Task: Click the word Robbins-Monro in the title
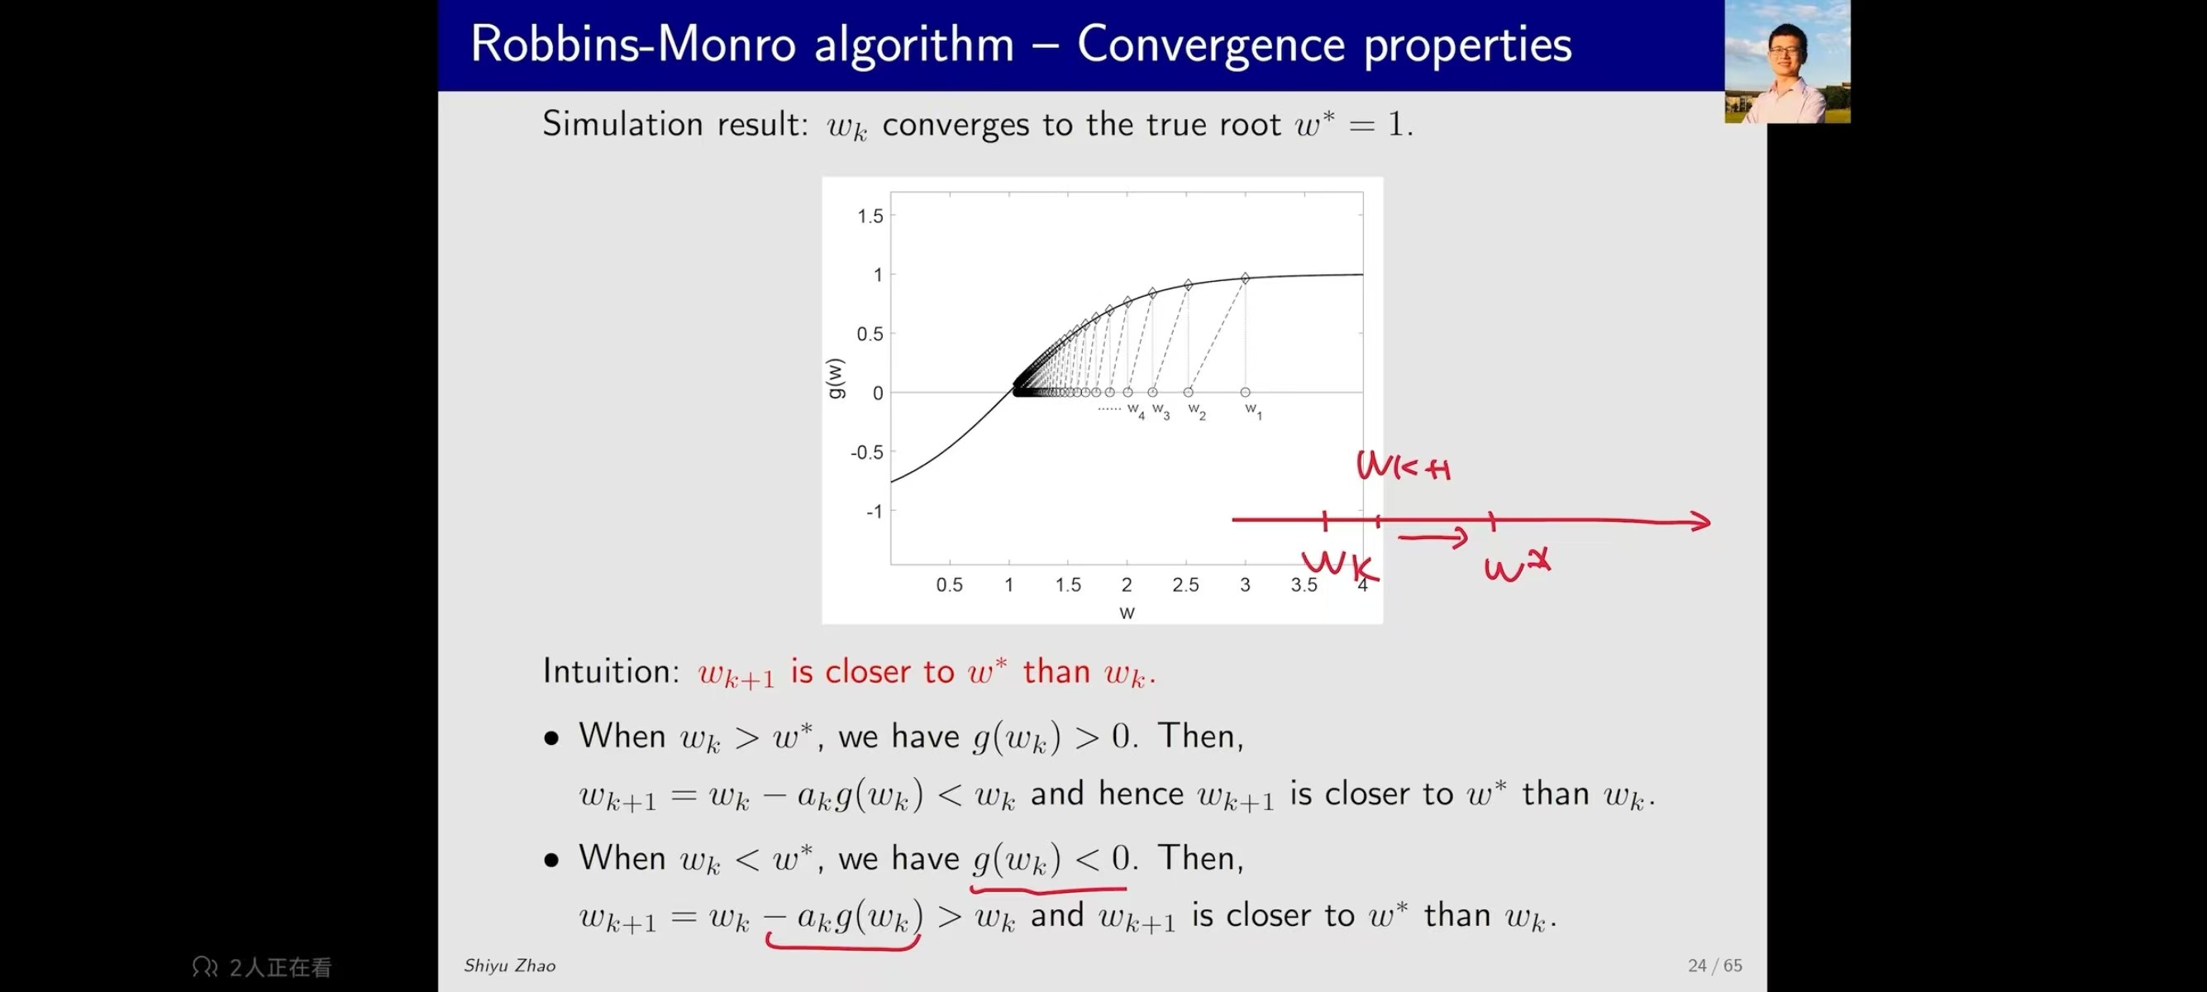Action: tap(633, 44)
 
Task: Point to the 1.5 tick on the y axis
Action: tap(870, 216)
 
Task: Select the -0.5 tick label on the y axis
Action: tap(866, 452)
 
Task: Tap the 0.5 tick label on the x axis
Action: tap(949, 585)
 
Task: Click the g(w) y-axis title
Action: tap(836, 378)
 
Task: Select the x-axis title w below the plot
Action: tap(1127, 613)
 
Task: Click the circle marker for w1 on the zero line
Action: tap(1245, 393)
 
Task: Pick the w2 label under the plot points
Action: tap(1197, 411)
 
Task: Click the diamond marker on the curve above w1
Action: tap(1245, 278)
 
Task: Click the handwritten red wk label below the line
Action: tap(1339, 565)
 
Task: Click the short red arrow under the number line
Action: tap(1432, 538)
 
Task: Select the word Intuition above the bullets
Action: tap(611, 670)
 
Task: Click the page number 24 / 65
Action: tap(1714, 966)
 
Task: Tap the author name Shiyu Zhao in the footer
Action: tap(510, 966)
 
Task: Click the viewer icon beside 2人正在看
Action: tap(205, 967)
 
